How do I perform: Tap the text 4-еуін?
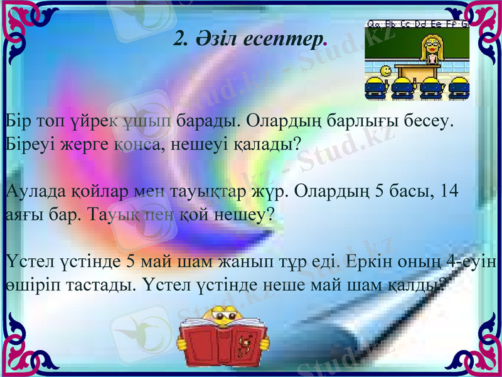[x=474, y=261]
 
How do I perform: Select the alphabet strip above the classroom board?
[x=417, y=24]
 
